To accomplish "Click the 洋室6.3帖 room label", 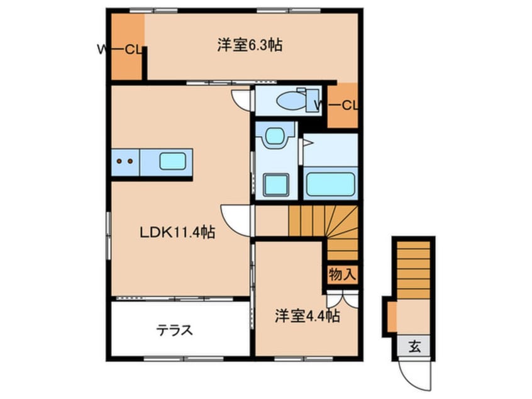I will point(250,45).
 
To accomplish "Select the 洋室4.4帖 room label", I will point(307,317).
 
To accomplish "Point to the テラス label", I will point(174,330).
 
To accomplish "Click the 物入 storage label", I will point(343,274).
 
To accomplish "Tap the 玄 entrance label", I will point(416,346).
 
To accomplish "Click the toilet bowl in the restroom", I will point(290,100).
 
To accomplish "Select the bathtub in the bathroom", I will point(330,184).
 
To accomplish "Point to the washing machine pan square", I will point(274,184).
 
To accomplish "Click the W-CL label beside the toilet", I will point(338,104).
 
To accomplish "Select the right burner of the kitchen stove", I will point(130,161).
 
